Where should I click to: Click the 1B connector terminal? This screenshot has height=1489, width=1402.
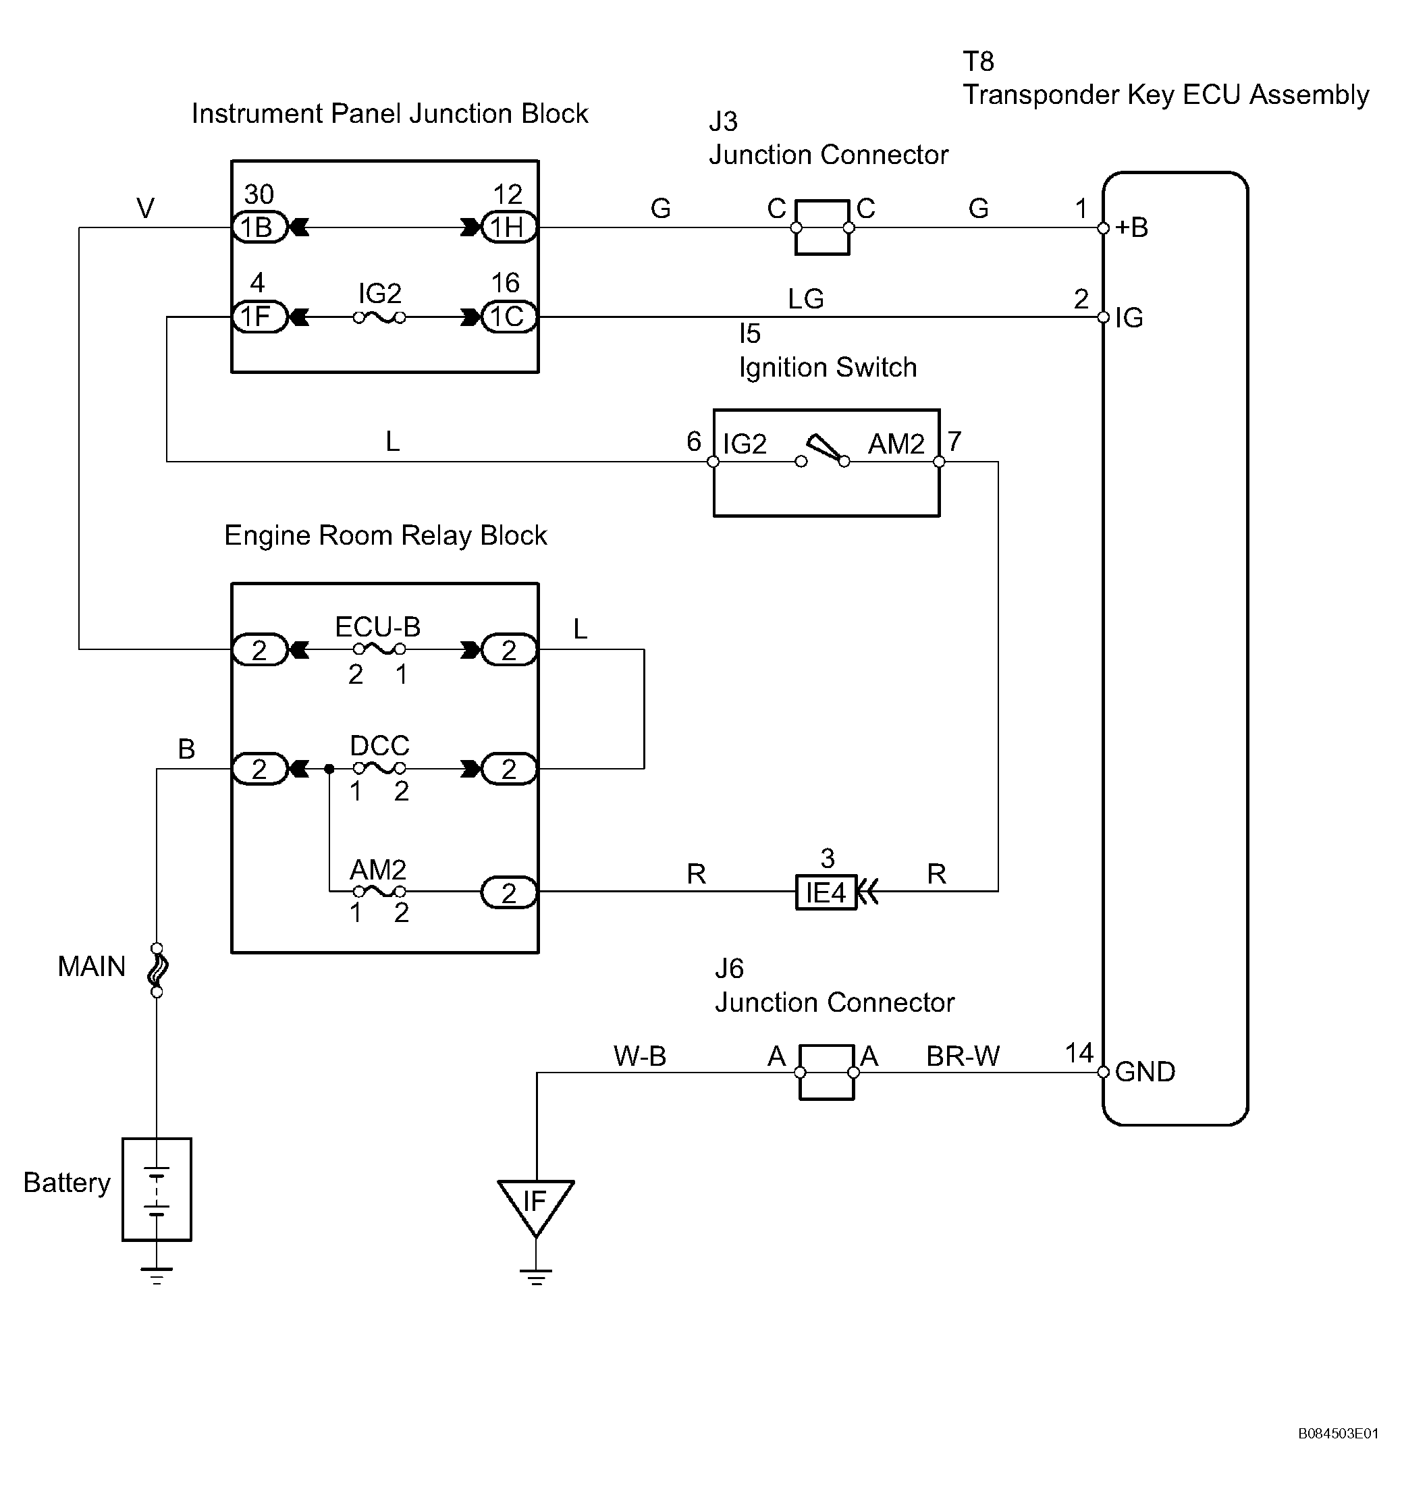click(260, 227)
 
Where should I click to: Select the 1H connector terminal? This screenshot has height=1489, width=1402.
click(508, 227)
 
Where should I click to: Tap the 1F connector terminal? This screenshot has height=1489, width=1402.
click(260, 317)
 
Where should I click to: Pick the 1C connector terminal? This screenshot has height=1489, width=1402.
click(508, 317)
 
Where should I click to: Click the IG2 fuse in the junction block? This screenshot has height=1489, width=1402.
click(380, 317)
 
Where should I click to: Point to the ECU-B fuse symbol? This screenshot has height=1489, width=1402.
click(380, 649)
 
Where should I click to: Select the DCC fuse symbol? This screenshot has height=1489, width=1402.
click(380, 767)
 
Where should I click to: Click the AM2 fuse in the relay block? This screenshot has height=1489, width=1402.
click(380, 891)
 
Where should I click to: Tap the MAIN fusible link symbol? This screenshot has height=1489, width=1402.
click(157, 970)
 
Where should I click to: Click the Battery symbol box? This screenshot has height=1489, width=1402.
click(157, 1189)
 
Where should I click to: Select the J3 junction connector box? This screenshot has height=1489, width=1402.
click(822, 227)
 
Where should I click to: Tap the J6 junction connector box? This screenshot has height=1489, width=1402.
click(827, 1072)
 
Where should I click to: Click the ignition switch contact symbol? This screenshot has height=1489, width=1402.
click(823, 452)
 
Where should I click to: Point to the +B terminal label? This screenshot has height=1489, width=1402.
click(1131, 227)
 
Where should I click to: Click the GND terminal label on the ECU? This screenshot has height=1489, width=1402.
click(1145, 1072)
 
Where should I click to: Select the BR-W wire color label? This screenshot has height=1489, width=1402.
click(963, 1056)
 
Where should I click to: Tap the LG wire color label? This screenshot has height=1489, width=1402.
click(806, 300)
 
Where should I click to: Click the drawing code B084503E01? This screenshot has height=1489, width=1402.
click(1339, 1434)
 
